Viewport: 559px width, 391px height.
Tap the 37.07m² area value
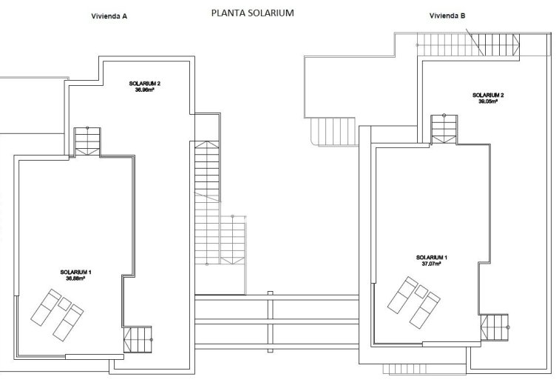431,263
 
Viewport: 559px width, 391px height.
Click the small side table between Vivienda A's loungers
64,304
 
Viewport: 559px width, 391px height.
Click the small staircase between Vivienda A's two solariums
87,141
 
